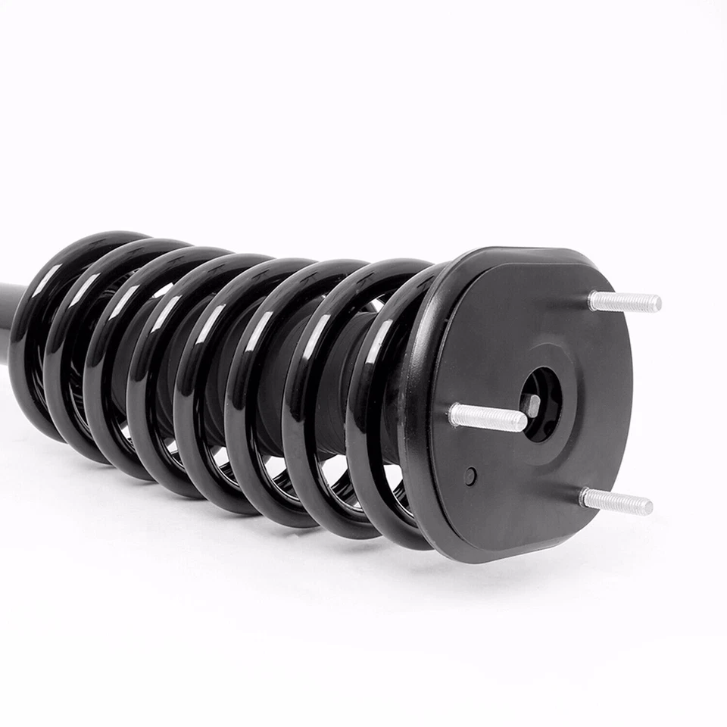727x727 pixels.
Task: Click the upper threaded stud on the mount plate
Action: (x=625, y=302)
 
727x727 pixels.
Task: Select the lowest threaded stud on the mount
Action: (x=615, y=501)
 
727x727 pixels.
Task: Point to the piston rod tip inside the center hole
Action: (x=532, y=406)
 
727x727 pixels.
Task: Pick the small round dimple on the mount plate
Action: (x=471, y=476)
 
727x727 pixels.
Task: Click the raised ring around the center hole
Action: (x=564, y=379)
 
